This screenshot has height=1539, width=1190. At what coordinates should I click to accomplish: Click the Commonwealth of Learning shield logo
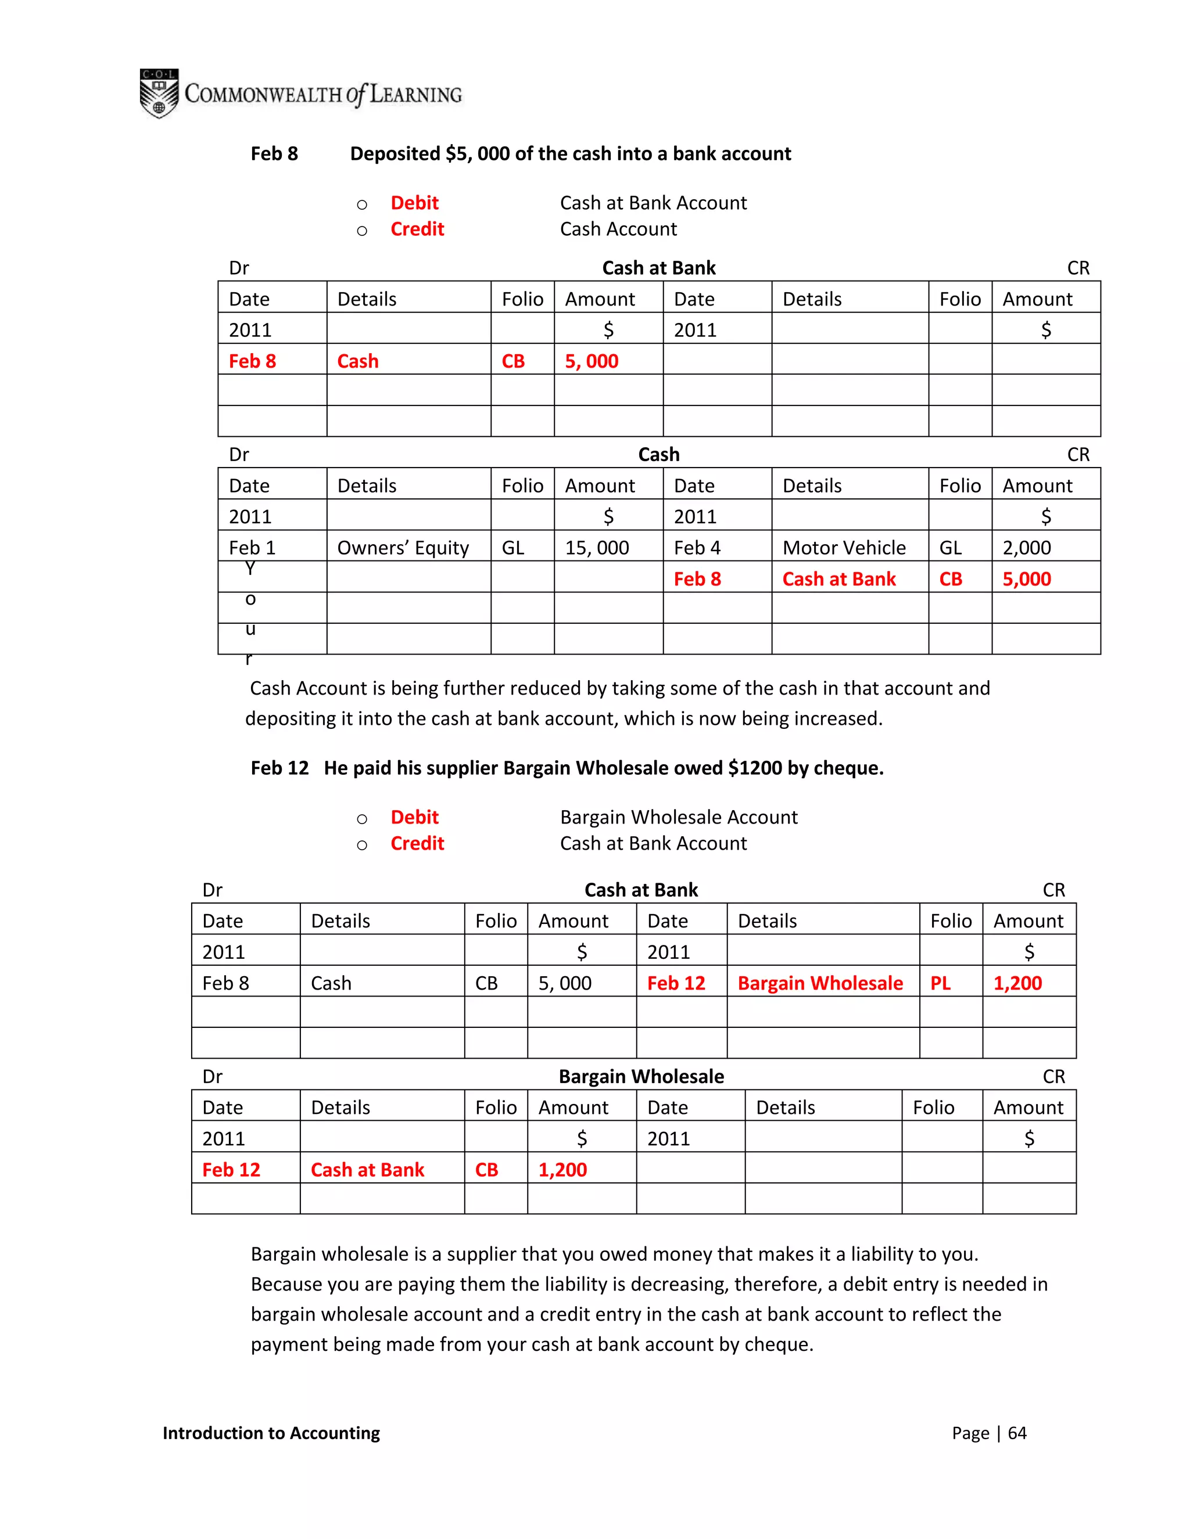tap(159, 93)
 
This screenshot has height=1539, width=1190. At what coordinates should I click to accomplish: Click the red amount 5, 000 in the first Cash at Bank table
tap(592, 361)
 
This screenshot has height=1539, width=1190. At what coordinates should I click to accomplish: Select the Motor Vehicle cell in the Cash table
tap(844, 548)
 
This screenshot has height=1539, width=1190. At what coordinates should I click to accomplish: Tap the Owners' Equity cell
tap(403, 548)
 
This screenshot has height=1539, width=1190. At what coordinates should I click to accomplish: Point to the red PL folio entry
tap(941, 983)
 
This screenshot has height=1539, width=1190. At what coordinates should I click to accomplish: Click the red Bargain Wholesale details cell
tap(820, 983)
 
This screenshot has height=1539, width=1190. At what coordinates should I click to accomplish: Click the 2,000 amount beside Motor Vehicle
tap(1027, 548)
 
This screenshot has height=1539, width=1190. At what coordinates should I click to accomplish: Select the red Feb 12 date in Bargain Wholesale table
tap(231, 1170)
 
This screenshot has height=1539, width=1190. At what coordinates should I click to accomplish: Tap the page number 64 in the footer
tap(1017, 1433)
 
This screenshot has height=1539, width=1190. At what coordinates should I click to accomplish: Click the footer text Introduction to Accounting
tap(271, 1433)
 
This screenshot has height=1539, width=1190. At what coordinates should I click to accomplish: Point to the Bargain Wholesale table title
tap(641, 1076)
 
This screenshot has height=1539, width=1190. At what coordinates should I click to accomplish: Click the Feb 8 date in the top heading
tap(274, 154)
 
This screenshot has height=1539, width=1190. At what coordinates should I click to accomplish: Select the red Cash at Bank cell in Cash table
tap(839, 578)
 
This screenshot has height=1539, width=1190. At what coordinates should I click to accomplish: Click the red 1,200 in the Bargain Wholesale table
tap(562, 1170)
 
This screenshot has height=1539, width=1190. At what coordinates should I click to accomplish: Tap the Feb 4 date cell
tap(697, 548)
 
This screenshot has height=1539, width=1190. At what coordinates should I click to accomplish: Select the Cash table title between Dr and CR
tap(658, 455)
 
